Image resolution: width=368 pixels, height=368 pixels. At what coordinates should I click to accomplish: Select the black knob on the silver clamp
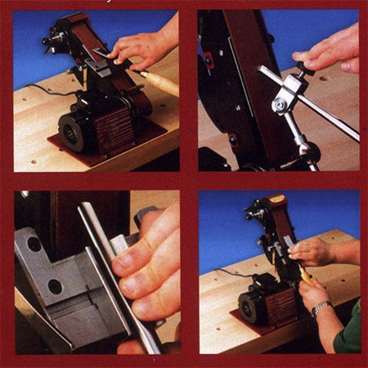pos(304,69)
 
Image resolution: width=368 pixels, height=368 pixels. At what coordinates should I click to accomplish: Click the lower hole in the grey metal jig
pos(56,286)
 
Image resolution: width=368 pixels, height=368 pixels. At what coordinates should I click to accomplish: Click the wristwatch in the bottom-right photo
pos(321,309)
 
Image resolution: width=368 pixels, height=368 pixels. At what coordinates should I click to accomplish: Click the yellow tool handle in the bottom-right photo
pos(304,277)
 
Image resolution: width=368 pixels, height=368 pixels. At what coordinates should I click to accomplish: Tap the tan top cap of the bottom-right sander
pos(279,199)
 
